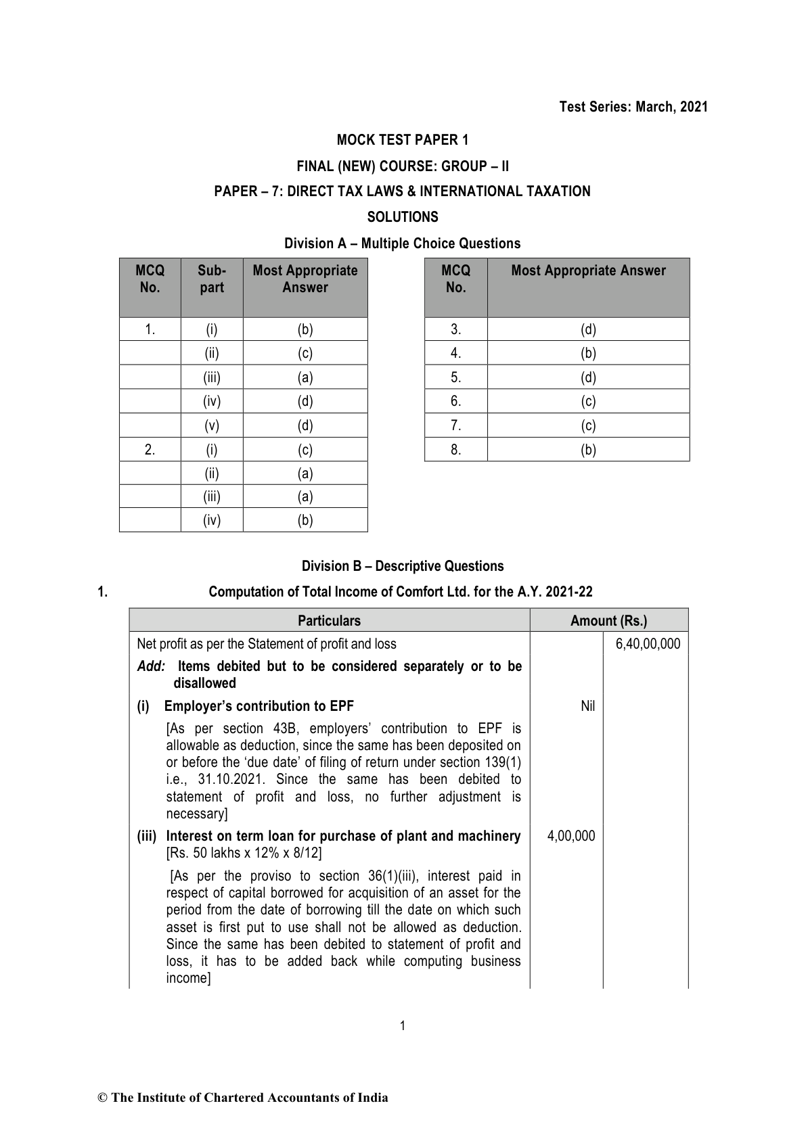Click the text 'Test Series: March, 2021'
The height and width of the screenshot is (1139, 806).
pos(633,107)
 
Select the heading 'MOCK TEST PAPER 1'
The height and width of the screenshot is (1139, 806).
pos(403,140)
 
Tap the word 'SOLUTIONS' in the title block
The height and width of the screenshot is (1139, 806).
pos(403,217)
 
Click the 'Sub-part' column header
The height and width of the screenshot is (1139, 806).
pos(212,279)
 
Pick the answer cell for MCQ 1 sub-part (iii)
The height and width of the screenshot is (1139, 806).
pos(305,377)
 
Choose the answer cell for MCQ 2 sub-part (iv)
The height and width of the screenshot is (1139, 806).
pos(305,520)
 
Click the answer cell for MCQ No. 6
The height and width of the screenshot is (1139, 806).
pos(588,401)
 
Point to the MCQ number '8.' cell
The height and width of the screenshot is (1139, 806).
pos(456,449)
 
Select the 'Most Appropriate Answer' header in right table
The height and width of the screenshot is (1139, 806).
pos(588,271)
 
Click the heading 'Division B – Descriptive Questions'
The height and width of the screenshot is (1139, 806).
pos(403,566)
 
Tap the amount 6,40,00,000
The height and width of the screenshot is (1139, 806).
pos(648,643)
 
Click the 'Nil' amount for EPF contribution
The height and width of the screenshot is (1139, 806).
pos(587,706)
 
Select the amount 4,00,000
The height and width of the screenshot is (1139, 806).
pos(571,836)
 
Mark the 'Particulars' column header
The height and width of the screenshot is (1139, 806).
pos(330,620)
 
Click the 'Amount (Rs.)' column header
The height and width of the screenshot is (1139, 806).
pos(608,620)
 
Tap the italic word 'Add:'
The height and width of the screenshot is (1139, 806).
pos(152,666)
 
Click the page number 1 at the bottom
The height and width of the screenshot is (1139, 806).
pos(403,1026)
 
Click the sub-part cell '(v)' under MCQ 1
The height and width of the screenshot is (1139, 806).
pos(212,425)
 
